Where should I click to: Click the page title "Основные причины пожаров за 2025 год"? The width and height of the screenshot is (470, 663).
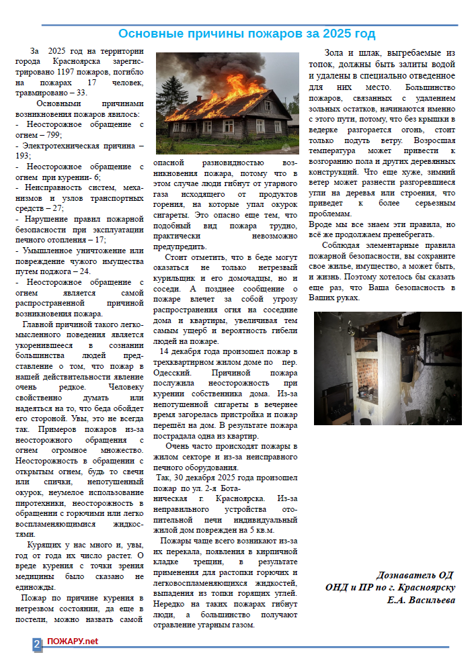pyautogui.click(x=247, y=34)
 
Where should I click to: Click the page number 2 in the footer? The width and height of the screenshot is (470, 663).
pyautogui.click(x=37, y=642)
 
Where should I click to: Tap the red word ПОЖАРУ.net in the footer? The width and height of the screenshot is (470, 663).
pyautogui.click(x=73, y=642)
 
